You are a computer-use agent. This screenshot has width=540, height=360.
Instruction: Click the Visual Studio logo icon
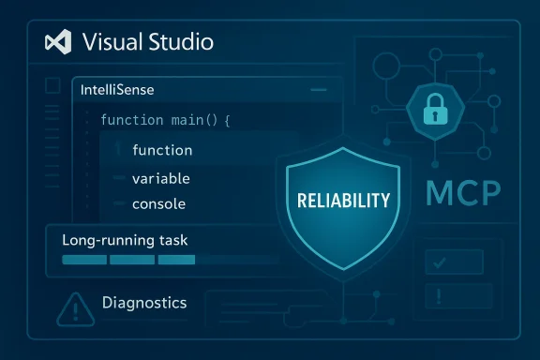58,42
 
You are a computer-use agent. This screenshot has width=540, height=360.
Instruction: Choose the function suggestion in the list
162,150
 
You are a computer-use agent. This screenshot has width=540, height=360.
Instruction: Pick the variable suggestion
161,177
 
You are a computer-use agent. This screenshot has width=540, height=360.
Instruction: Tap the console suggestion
159,203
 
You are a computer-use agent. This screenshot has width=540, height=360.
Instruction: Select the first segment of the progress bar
83,260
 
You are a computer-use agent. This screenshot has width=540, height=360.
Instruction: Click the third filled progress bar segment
170,260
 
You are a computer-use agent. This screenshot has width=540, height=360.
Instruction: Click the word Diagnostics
143,303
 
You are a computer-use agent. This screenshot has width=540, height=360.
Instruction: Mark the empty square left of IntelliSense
53,86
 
